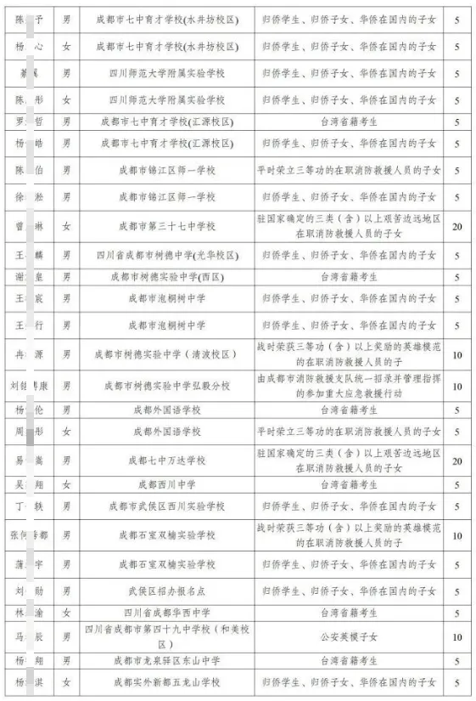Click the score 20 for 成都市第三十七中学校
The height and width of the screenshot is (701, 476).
click(457, 227)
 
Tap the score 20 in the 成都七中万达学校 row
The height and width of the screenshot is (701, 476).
click(457, 461)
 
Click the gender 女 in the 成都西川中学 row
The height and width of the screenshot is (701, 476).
click(67, 484)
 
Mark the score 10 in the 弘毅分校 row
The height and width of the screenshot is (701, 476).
click(457, 386)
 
